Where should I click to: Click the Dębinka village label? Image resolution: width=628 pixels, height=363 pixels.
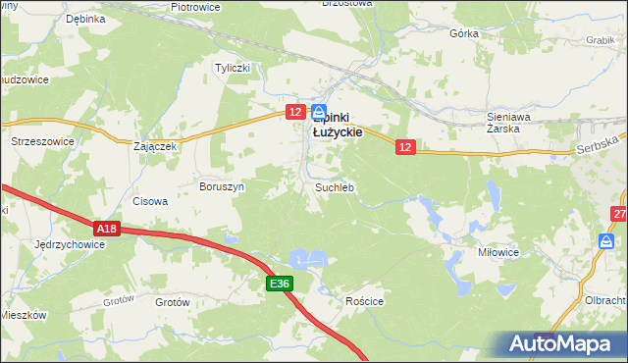click(x=85, y=19)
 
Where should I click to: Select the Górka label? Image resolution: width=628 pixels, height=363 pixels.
click(x=463, y=32)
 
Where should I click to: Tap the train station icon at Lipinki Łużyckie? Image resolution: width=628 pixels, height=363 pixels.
click(x=321, y=113)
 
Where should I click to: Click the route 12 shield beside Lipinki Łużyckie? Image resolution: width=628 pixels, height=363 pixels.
click(x=296, y=114)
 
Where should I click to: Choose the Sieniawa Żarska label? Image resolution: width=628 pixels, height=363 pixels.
click(x=508, y=122)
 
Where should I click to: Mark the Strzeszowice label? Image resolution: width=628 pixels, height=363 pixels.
click(x=42, y=141)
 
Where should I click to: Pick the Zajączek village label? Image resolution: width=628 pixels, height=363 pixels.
click(x=154, y=147)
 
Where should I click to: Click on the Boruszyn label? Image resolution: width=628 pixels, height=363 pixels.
click(x=222, y=185)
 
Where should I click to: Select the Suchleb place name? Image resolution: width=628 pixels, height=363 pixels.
click(x=334, y=186)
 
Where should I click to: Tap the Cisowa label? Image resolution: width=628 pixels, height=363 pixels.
click(x=150, y=201)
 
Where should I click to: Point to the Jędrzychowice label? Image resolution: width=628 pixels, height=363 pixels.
click(x=69, y=243)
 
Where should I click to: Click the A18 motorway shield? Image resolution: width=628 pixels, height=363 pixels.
click(x=108, y=229)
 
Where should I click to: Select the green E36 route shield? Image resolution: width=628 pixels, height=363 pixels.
click(x=280, y=285)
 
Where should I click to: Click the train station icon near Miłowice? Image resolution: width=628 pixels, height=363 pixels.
click(x=607, y=241)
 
